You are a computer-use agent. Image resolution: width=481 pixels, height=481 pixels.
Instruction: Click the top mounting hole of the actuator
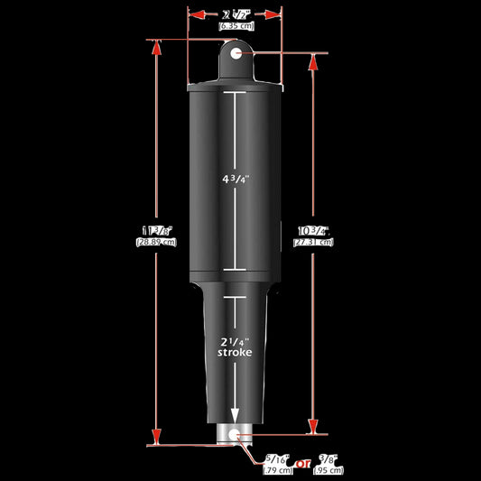click(236, 54)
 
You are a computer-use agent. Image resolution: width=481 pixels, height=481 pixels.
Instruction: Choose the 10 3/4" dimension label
click(313, 231)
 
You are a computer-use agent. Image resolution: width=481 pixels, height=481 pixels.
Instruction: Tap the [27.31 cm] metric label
click(313, 243)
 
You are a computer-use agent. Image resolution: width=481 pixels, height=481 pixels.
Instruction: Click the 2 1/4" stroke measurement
click(236, 341)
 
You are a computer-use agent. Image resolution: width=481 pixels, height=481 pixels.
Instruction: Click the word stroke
click(236, 354)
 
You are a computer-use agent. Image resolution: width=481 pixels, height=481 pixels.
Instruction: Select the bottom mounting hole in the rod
click(236, 435)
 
